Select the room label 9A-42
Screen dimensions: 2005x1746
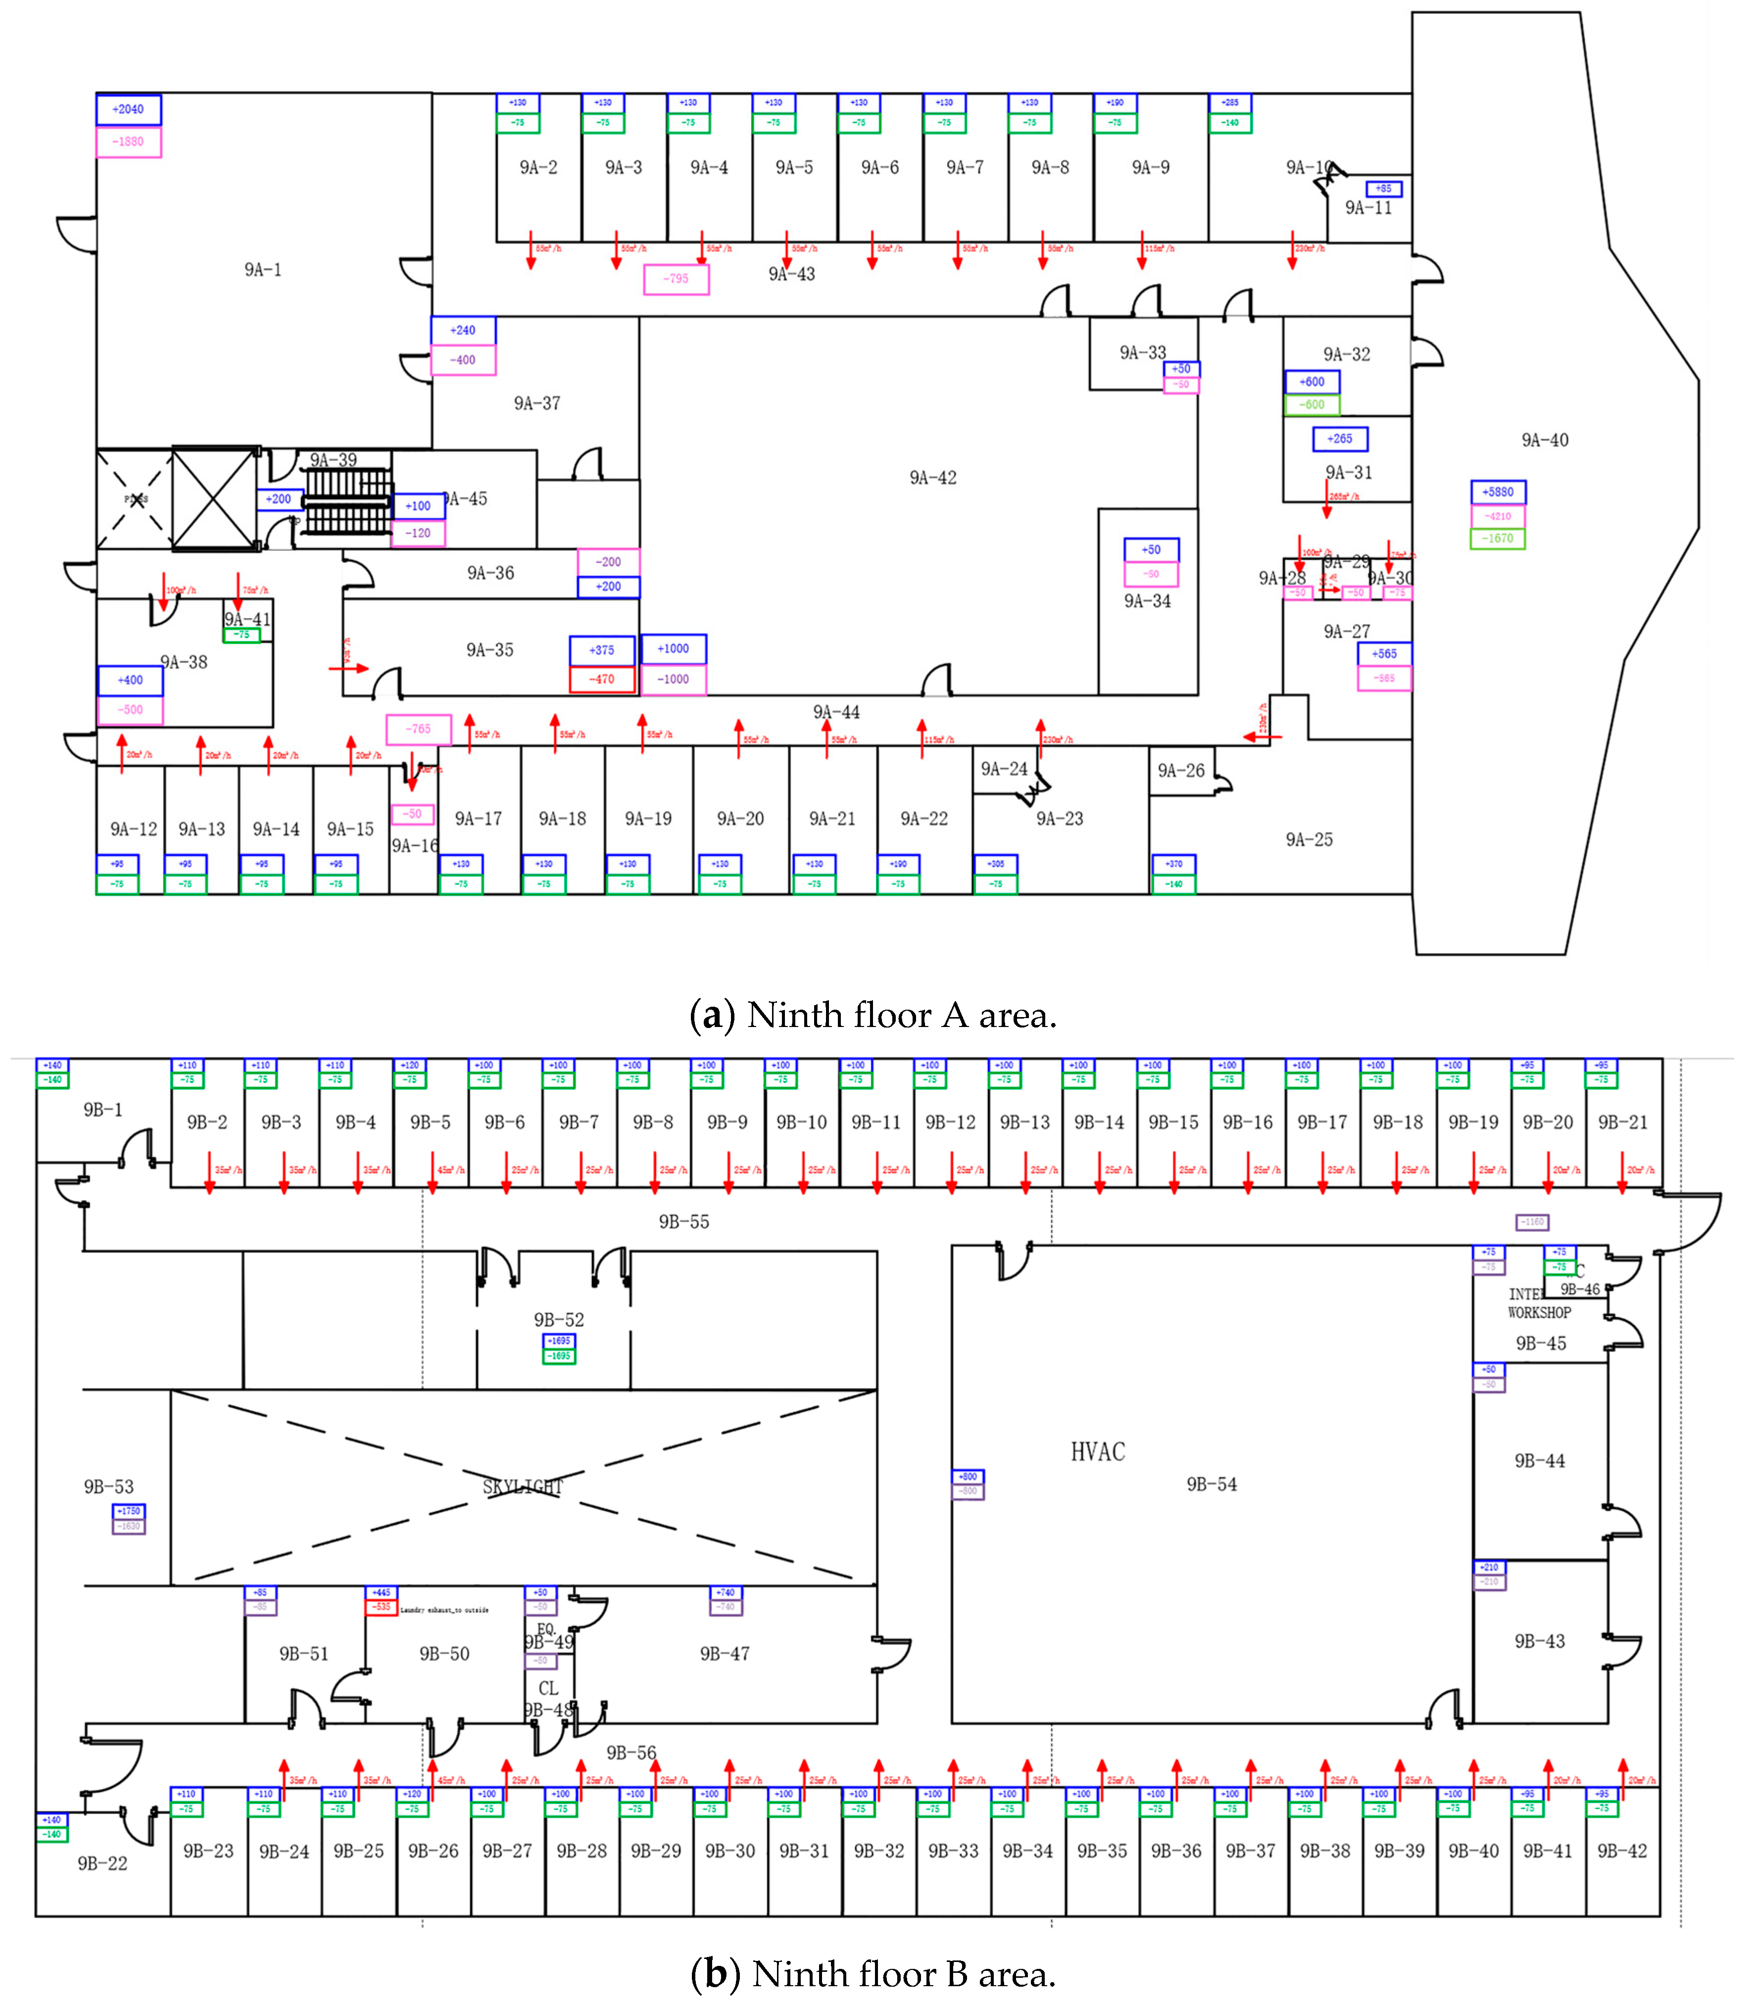(x=932, y=478)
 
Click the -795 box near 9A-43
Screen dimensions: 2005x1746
(x=676, y=279)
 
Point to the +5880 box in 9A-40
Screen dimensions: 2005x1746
(x=1498, y=492)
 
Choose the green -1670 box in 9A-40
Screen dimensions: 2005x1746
(x=1498, y=538)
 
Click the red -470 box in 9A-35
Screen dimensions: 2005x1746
(x=602, y=679)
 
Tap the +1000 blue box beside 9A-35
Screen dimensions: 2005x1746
(x=673, y=649)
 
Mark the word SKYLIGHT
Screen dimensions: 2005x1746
(x=523, y=1487)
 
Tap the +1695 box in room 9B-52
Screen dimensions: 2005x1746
(x=558, y=1341)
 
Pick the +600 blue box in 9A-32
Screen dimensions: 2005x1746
(x=1311, y=382)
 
